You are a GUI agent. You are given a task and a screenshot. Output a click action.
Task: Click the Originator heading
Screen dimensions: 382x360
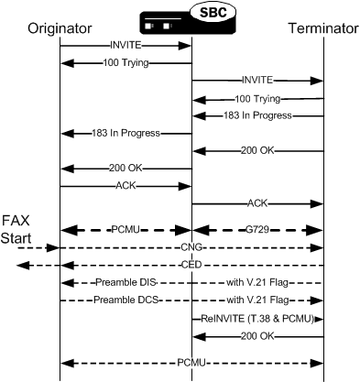60,28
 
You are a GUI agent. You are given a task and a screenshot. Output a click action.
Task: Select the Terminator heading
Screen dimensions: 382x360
322,28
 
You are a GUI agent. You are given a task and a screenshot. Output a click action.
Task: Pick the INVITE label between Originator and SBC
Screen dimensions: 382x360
125,45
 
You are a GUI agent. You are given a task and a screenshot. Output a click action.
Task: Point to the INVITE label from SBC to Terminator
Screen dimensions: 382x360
257,81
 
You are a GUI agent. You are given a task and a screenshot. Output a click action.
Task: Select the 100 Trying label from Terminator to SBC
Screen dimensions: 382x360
257,98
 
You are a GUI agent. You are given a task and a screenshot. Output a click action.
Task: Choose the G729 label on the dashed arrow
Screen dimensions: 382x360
257,230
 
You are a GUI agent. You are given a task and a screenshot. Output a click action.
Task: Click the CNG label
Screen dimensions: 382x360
191,247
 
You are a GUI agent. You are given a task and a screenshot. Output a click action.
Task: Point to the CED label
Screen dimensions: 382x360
191,265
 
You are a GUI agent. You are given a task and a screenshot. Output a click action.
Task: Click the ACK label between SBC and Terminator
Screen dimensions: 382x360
257,202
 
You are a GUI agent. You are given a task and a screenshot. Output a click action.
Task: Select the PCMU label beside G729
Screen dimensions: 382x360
125,230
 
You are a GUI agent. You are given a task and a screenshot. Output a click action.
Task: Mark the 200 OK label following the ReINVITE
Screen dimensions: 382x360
257,335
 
